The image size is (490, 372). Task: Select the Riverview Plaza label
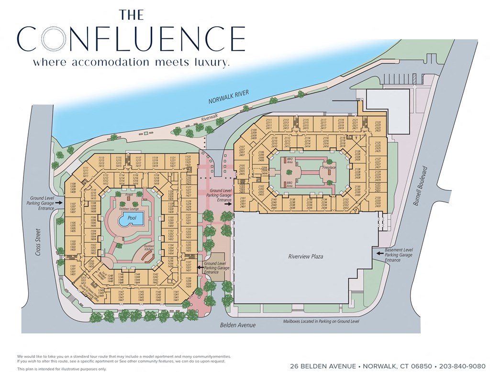click(305, 257)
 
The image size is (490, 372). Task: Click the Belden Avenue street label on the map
click(238, 325)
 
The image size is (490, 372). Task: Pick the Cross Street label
click(38, 245)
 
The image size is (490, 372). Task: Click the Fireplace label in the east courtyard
click(329, 168)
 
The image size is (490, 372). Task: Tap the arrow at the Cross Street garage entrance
click(58, 203)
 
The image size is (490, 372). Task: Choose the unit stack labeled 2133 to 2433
click(378, 201)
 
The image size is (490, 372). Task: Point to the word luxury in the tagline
click(209, 63)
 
